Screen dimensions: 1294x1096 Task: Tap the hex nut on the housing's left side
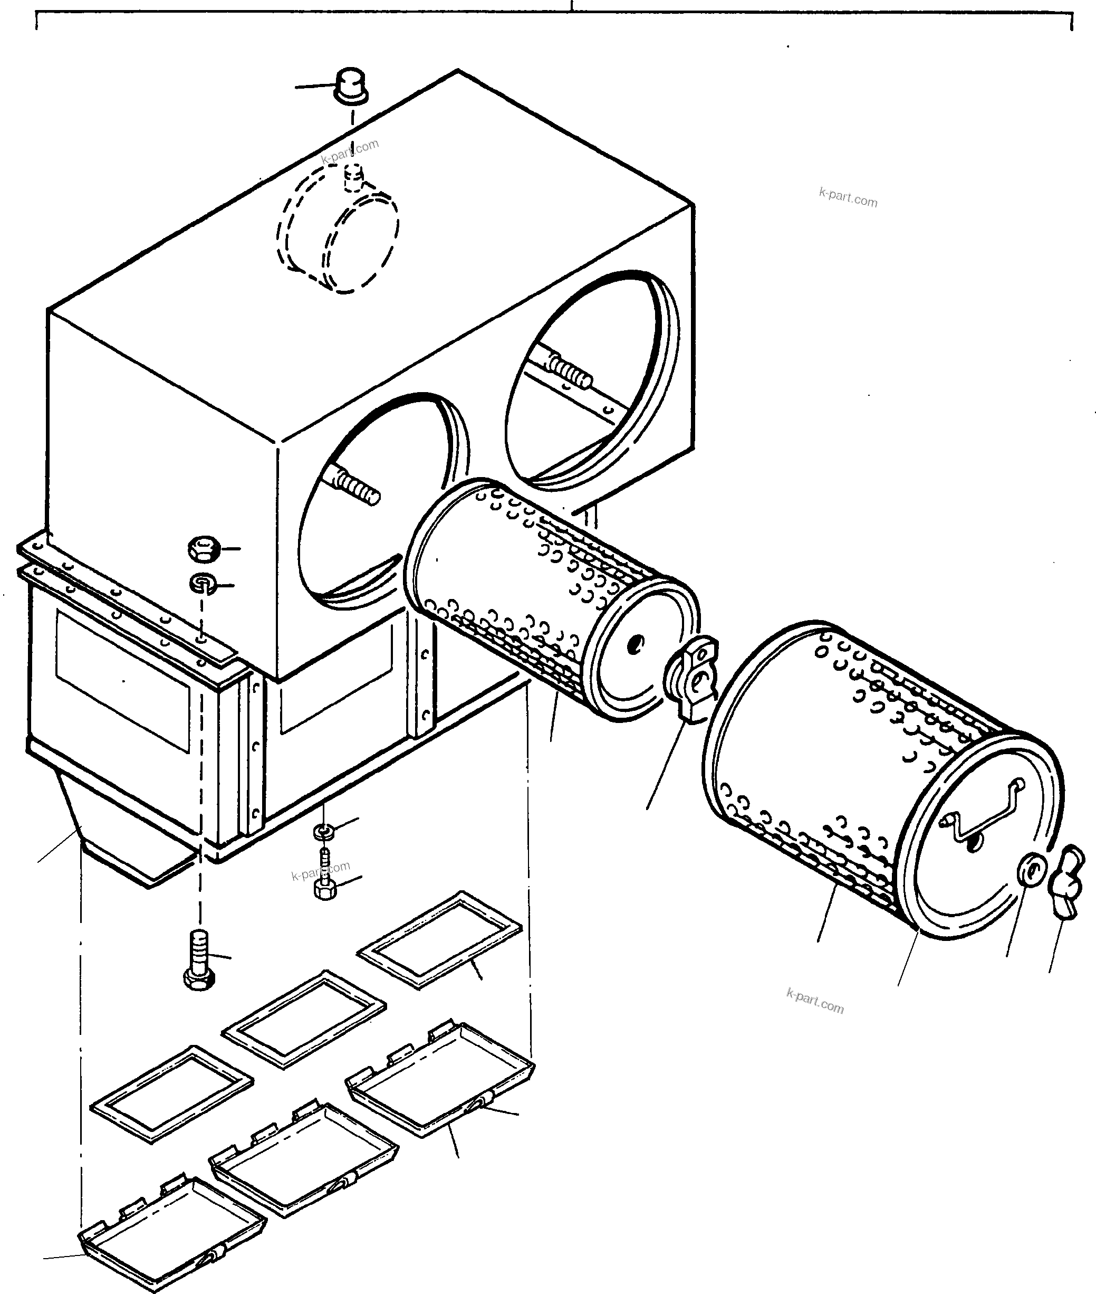pyautogui.click(x=203, y=548)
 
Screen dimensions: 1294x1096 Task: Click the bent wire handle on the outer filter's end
pyautogui.click(x=985, y=811)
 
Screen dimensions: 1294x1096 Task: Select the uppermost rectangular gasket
pyautogui.click(x=439, y=939)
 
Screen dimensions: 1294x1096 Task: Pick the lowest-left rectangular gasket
pyautogui.click(x=171, y=1093)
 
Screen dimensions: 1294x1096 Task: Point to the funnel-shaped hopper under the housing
pyautogui.click(x=124, y=833)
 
